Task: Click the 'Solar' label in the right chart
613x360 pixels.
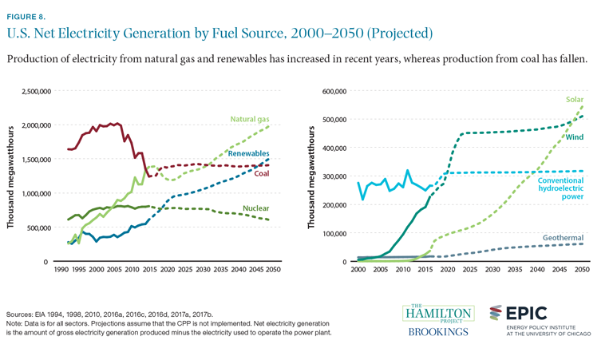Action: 575,100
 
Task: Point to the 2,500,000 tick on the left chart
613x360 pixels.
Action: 30,92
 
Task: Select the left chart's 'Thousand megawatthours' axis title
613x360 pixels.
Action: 12,176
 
